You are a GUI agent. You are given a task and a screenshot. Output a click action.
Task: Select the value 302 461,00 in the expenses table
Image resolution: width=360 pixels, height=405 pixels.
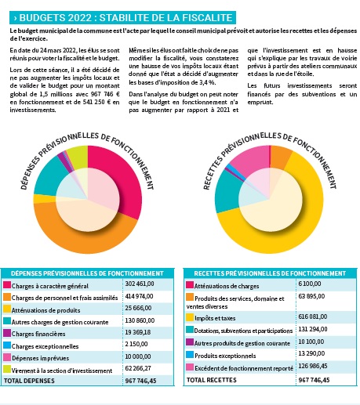pos(140,284)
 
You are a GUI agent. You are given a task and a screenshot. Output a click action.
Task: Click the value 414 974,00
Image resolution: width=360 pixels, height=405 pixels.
pos(139,296)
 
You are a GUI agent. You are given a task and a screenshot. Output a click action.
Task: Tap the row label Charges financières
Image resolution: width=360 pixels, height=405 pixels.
pos(38,334)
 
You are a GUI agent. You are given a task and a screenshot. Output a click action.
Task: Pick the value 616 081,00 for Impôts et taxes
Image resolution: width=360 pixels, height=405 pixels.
pos(312,316)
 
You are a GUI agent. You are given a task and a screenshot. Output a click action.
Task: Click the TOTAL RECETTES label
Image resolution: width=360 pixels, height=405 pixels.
pos(212,380)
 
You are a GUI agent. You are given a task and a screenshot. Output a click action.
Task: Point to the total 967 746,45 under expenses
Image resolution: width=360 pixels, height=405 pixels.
pos(140,381)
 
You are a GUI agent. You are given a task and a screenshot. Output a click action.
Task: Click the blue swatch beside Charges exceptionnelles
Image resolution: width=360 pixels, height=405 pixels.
pos(7,345)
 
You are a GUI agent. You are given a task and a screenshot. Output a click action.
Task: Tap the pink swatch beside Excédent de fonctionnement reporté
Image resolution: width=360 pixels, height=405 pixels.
pos(190,367)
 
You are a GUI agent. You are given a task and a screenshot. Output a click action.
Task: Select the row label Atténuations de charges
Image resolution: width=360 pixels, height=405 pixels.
pos(227,286)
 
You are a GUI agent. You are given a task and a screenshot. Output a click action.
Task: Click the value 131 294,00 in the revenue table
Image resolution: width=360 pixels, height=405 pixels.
pos(313,329)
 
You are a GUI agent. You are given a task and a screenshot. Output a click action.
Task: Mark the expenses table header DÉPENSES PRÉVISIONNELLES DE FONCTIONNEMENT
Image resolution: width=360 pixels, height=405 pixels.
pos(87,273)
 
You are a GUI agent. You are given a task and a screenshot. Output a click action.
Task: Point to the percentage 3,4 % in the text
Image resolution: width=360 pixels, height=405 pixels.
pos(208,82)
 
